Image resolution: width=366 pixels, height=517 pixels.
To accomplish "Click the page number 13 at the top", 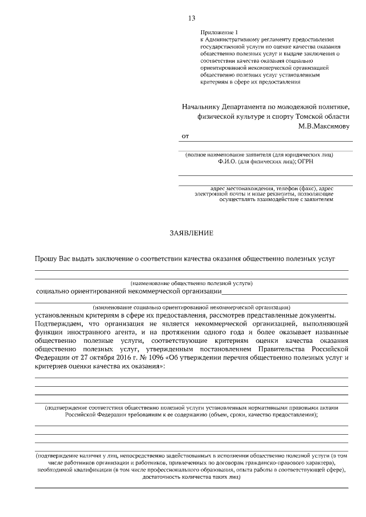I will click(x=191, y=18).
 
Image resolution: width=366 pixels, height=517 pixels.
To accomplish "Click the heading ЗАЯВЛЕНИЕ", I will click(x=191, y=233).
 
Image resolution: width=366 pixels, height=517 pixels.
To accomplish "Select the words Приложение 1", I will click(x=217, y=33).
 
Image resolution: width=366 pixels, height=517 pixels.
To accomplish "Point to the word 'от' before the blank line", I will click(x=185, y=137).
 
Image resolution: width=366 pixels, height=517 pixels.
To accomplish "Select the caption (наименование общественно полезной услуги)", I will click(x=191, y=283).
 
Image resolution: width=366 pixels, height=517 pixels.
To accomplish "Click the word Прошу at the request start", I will click(x=46, y=258).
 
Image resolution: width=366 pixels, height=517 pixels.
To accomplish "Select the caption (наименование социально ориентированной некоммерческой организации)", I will click(x=191, y=307).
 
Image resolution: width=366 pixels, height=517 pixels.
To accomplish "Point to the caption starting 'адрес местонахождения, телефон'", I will click(x=264, y=189).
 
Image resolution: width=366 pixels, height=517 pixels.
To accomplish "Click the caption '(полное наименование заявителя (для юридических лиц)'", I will click(x=258, y=155).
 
